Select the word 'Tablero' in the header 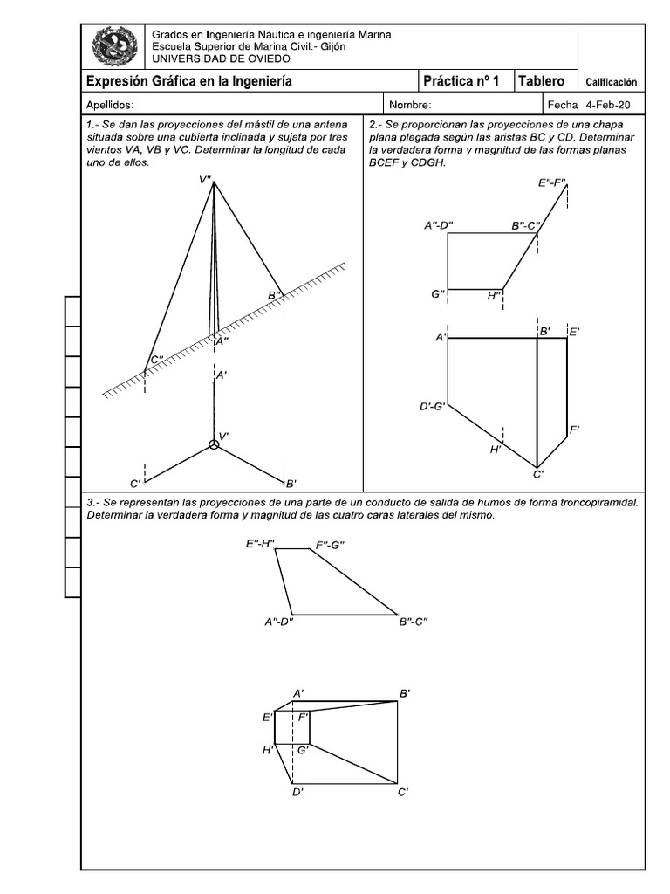pyautogui.click(x=542, y=81)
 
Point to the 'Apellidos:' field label pyautogui.click(x=110, y=105)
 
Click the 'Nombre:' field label pyautogui.click(x=411, y=105)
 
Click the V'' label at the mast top pyautogui.click(x=205, y=180)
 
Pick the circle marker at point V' pyautogui.click(x=214, y=445)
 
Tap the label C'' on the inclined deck pyautogui.click(x=157, y=359)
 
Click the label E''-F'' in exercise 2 pyautogui.click(x=552, y=183)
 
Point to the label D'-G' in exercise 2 pyautogui.click(x=433, y=406)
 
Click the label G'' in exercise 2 pyautogui.click(x=438, y=294)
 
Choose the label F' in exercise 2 pyautogui.click(x=575, y=430)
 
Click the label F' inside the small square pyautogui.click(x=304, y=717)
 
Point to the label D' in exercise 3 pyautogui.click(x=297, y=792)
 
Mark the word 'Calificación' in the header pyautogui.click(x=611, y=82)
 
